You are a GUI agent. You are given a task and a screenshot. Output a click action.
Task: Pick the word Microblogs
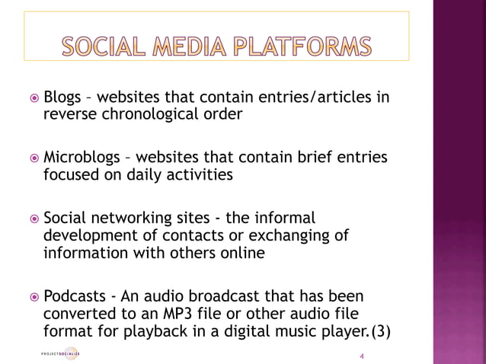(82, 158)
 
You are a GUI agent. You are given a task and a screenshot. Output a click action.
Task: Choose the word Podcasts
(75, 295)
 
